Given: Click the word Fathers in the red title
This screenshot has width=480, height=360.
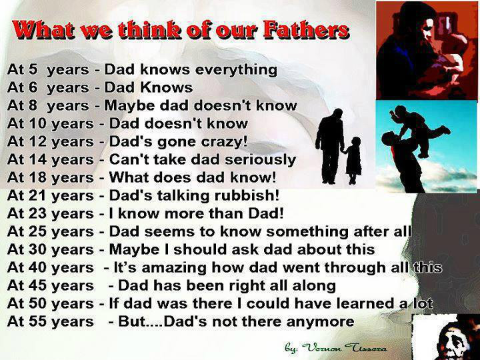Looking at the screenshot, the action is click(306, 30).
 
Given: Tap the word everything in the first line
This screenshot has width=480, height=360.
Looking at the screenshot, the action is click(236, 70).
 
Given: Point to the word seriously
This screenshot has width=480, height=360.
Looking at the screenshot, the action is click(261, 160).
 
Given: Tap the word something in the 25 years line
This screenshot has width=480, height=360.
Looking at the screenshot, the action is click(307, 232).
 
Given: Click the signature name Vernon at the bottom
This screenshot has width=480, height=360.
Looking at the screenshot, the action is click(321, 348).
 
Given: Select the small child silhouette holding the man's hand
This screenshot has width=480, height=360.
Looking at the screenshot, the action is click(353, 160).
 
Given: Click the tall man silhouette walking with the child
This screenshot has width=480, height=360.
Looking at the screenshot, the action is click(330, 146).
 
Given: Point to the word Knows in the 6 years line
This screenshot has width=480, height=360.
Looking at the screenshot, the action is click(167, 88).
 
